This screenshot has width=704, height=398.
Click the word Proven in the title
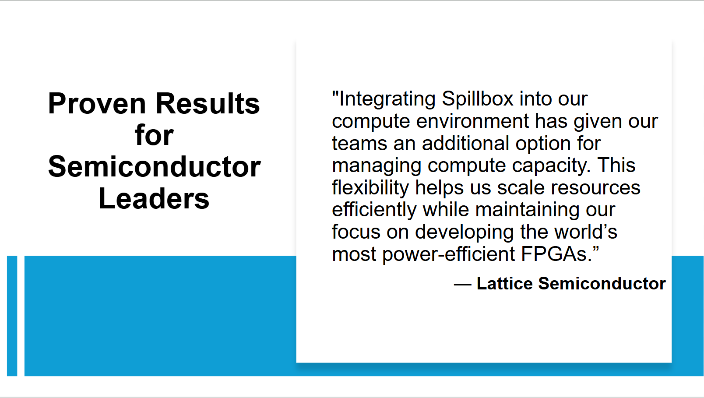[x=97, y=103]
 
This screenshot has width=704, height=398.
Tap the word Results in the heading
[x=208, y=103]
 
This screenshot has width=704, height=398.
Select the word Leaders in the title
[x=154, y=199]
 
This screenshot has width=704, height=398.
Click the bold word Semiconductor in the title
[x=154, y=167]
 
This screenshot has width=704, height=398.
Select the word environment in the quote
[x=473, y=121]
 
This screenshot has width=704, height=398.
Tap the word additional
[x=465, y=143]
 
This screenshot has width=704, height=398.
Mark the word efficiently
[x=374, y=210]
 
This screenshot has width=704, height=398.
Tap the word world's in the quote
[x=585, y=232]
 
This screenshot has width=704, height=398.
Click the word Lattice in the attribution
[x=505, y=284]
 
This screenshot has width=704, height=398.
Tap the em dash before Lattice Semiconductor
[x=463, y=285]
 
